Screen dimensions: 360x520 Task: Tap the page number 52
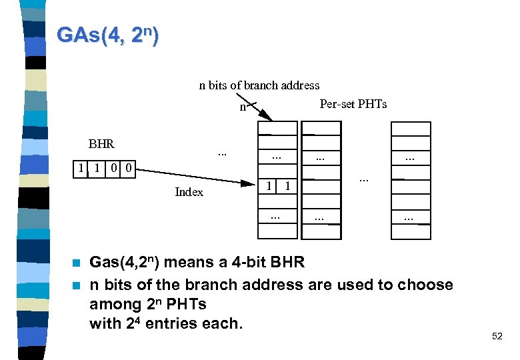(x=497, y=337)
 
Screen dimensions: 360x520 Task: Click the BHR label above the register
(x=101, y=143)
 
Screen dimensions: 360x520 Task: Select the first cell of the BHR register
(x=81, y=169)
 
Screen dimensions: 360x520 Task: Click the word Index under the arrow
(x=189, y=192)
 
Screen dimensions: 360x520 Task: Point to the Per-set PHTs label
(x=353, y=104)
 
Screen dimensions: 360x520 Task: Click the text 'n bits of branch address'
(x=259, y=85)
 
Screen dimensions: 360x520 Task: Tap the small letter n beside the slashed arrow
(x=243, y=107)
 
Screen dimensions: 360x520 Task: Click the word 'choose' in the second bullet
(x=425, y=285)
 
